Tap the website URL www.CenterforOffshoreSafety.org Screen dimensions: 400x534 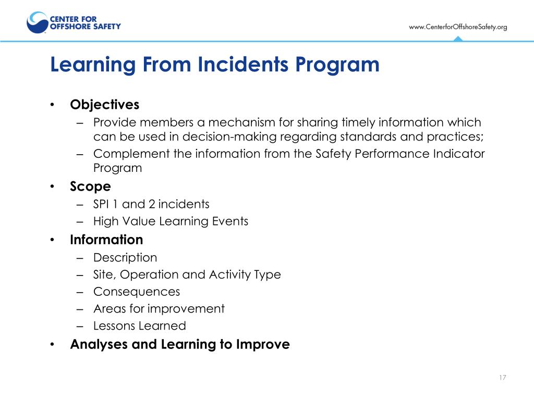coord(457,27)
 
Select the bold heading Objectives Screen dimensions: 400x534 coord(105,105)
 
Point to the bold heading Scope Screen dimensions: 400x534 coord(90,186)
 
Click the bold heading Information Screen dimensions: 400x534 coord(106,240)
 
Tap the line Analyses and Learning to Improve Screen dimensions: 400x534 coord(180,344)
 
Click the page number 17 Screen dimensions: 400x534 coord(502,378)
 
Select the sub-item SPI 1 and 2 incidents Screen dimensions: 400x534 coord(151,204)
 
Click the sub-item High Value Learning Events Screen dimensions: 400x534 coord(171,221)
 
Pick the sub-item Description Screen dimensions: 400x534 coord(125,257)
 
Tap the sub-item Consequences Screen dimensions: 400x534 coord(137,292)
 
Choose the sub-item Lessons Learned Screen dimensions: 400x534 coord(139,326)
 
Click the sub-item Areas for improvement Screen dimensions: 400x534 coord(159,309)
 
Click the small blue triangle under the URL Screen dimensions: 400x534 coord(457,39)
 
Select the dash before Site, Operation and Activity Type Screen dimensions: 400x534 coord(79,275)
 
